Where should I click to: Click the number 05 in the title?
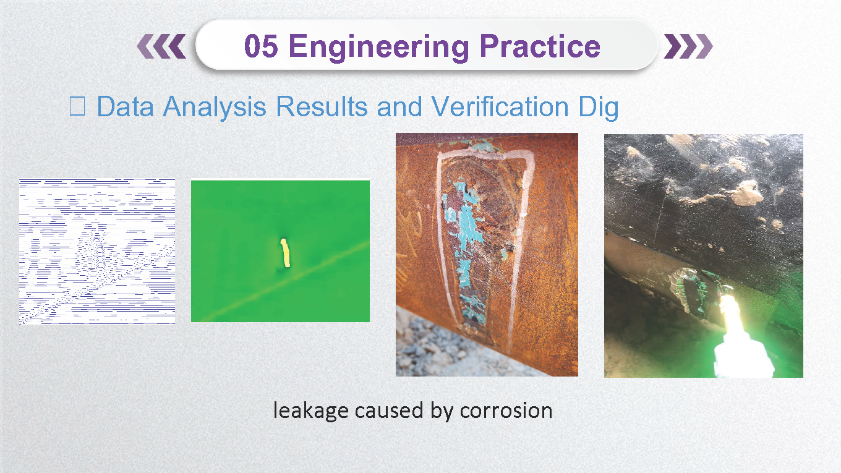tap(261, 46)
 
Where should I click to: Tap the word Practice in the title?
tap(540, 46)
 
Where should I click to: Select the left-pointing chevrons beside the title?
tap(161, 46)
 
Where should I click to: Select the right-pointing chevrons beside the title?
tap(688, 46)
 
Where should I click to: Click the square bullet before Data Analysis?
tap(77, 106)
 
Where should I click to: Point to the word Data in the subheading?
tap(126, 106)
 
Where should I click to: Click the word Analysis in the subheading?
tap(215, 108)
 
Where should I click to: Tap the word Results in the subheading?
tap(322, 106)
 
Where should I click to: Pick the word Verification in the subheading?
tap(500, 106)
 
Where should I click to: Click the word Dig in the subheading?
tap(599, 108)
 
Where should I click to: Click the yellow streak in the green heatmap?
tap(285, 253)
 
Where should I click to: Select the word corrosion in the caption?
tap(506, 411)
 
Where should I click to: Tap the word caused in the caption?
tap(389, 410)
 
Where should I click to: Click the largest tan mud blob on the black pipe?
tap(747, 194)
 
